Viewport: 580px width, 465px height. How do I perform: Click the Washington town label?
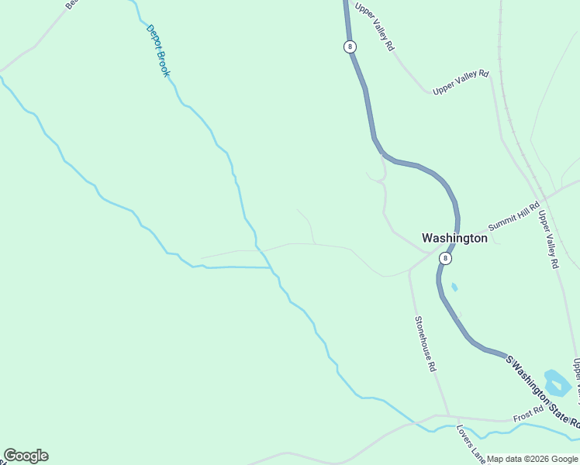pyautogui.click(x=454, y=238)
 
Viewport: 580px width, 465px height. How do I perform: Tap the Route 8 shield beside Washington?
pyautogui.click(x=444, y=257)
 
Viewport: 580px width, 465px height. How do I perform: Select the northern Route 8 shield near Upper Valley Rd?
pyautogui.click(x=350, y=46)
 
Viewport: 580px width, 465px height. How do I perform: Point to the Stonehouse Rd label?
pyautogui.click(x=425, y=344)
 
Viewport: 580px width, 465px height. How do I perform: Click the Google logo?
pyautogui.click(x=26, y=456)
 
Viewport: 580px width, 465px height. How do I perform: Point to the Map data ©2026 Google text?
pyautogui.click(x=533, y=459)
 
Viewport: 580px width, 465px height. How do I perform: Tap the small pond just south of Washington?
pyautogui.click(x=454, y=288)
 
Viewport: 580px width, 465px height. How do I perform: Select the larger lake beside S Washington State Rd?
pyautogui.click(x=557, y=383)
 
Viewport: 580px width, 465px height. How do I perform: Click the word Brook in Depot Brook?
pyautogui.click(x=163, y=64)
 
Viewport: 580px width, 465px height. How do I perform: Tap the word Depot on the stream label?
pyautogui.click(x=152, y=38)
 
